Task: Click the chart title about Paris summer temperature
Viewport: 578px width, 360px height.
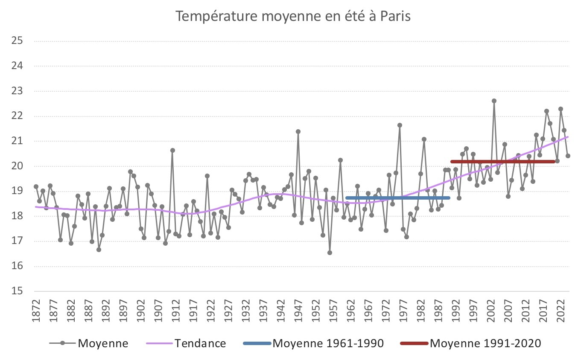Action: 293,17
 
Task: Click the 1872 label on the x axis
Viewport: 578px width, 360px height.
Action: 36,314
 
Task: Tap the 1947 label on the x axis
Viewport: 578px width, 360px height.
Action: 298,314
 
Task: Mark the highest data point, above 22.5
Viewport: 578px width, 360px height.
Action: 494,101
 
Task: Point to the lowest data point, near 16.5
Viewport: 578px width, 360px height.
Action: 330,253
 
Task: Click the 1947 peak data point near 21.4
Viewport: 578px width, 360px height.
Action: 298,131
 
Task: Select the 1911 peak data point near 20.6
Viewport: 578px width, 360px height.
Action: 172,150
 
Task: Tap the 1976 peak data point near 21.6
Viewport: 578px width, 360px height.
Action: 400,125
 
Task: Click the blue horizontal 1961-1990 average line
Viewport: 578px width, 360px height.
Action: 397,198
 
